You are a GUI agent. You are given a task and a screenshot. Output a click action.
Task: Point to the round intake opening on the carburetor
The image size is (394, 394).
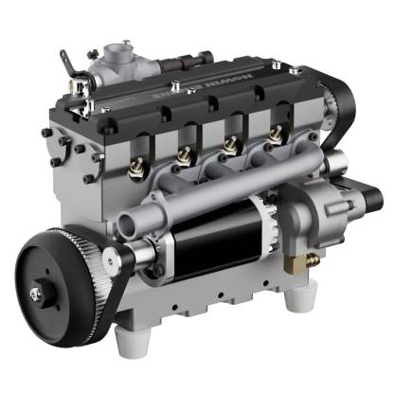coord(119,47)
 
